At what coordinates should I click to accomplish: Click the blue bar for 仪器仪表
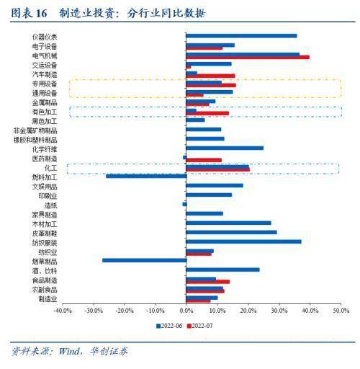click(x=241, y=35)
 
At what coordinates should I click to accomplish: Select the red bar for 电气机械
click(x=248, y=57)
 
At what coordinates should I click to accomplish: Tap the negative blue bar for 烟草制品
click(x=144, y=260)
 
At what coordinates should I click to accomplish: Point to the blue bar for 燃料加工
click(x=145, y=176)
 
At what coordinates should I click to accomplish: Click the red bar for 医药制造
click(x=204, y=159)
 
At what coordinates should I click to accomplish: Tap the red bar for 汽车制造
click(x=210, y=76)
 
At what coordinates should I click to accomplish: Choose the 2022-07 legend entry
click(x=202, y=326)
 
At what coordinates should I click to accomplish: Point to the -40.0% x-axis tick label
click(x=63, y=311)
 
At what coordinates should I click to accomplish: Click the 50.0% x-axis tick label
click(x=341, y=311)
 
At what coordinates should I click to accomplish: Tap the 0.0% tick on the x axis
click(x=186, y=311)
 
